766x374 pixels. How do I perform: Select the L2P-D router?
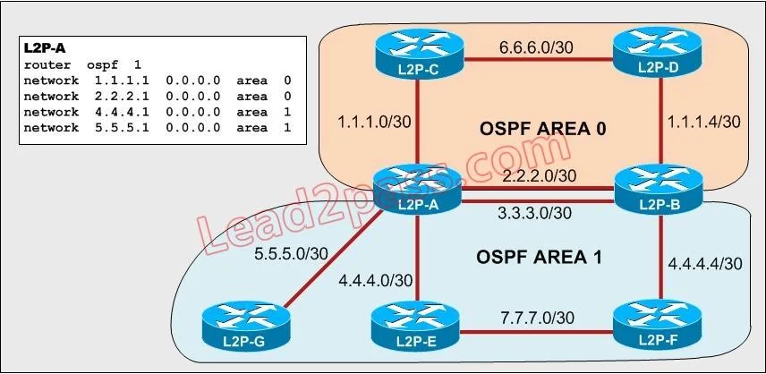click(x=658, y=52)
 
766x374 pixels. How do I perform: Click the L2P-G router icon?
click(x=246, y=327)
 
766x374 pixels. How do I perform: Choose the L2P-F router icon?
click(x=658, y=326)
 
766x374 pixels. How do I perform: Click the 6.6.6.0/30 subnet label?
click(x=536, y=47)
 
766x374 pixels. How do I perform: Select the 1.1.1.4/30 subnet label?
click(x=702, y=122)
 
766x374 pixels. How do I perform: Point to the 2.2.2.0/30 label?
click(x=539, y=175)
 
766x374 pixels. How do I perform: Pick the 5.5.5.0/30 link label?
click(x=292, y=253)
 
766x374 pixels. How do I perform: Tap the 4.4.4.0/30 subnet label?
click(x=375, y=280)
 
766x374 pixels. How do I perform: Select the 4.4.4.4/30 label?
click(x=704, y=264)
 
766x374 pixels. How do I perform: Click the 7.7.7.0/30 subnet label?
click(x=536, y=318)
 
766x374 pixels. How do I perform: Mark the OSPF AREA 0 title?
click(x=543, y=129)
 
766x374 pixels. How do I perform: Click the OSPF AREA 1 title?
click(x=539, y=258)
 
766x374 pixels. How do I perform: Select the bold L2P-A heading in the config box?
click(x=45, y=49)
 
